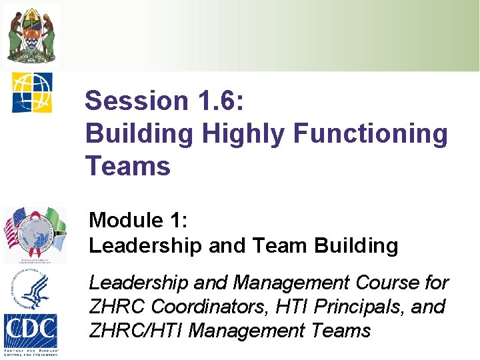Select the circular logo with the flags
pyautogui.click(x=35, y=234)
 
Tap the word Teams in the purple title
pyautogui.click(x=128, y=166)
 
